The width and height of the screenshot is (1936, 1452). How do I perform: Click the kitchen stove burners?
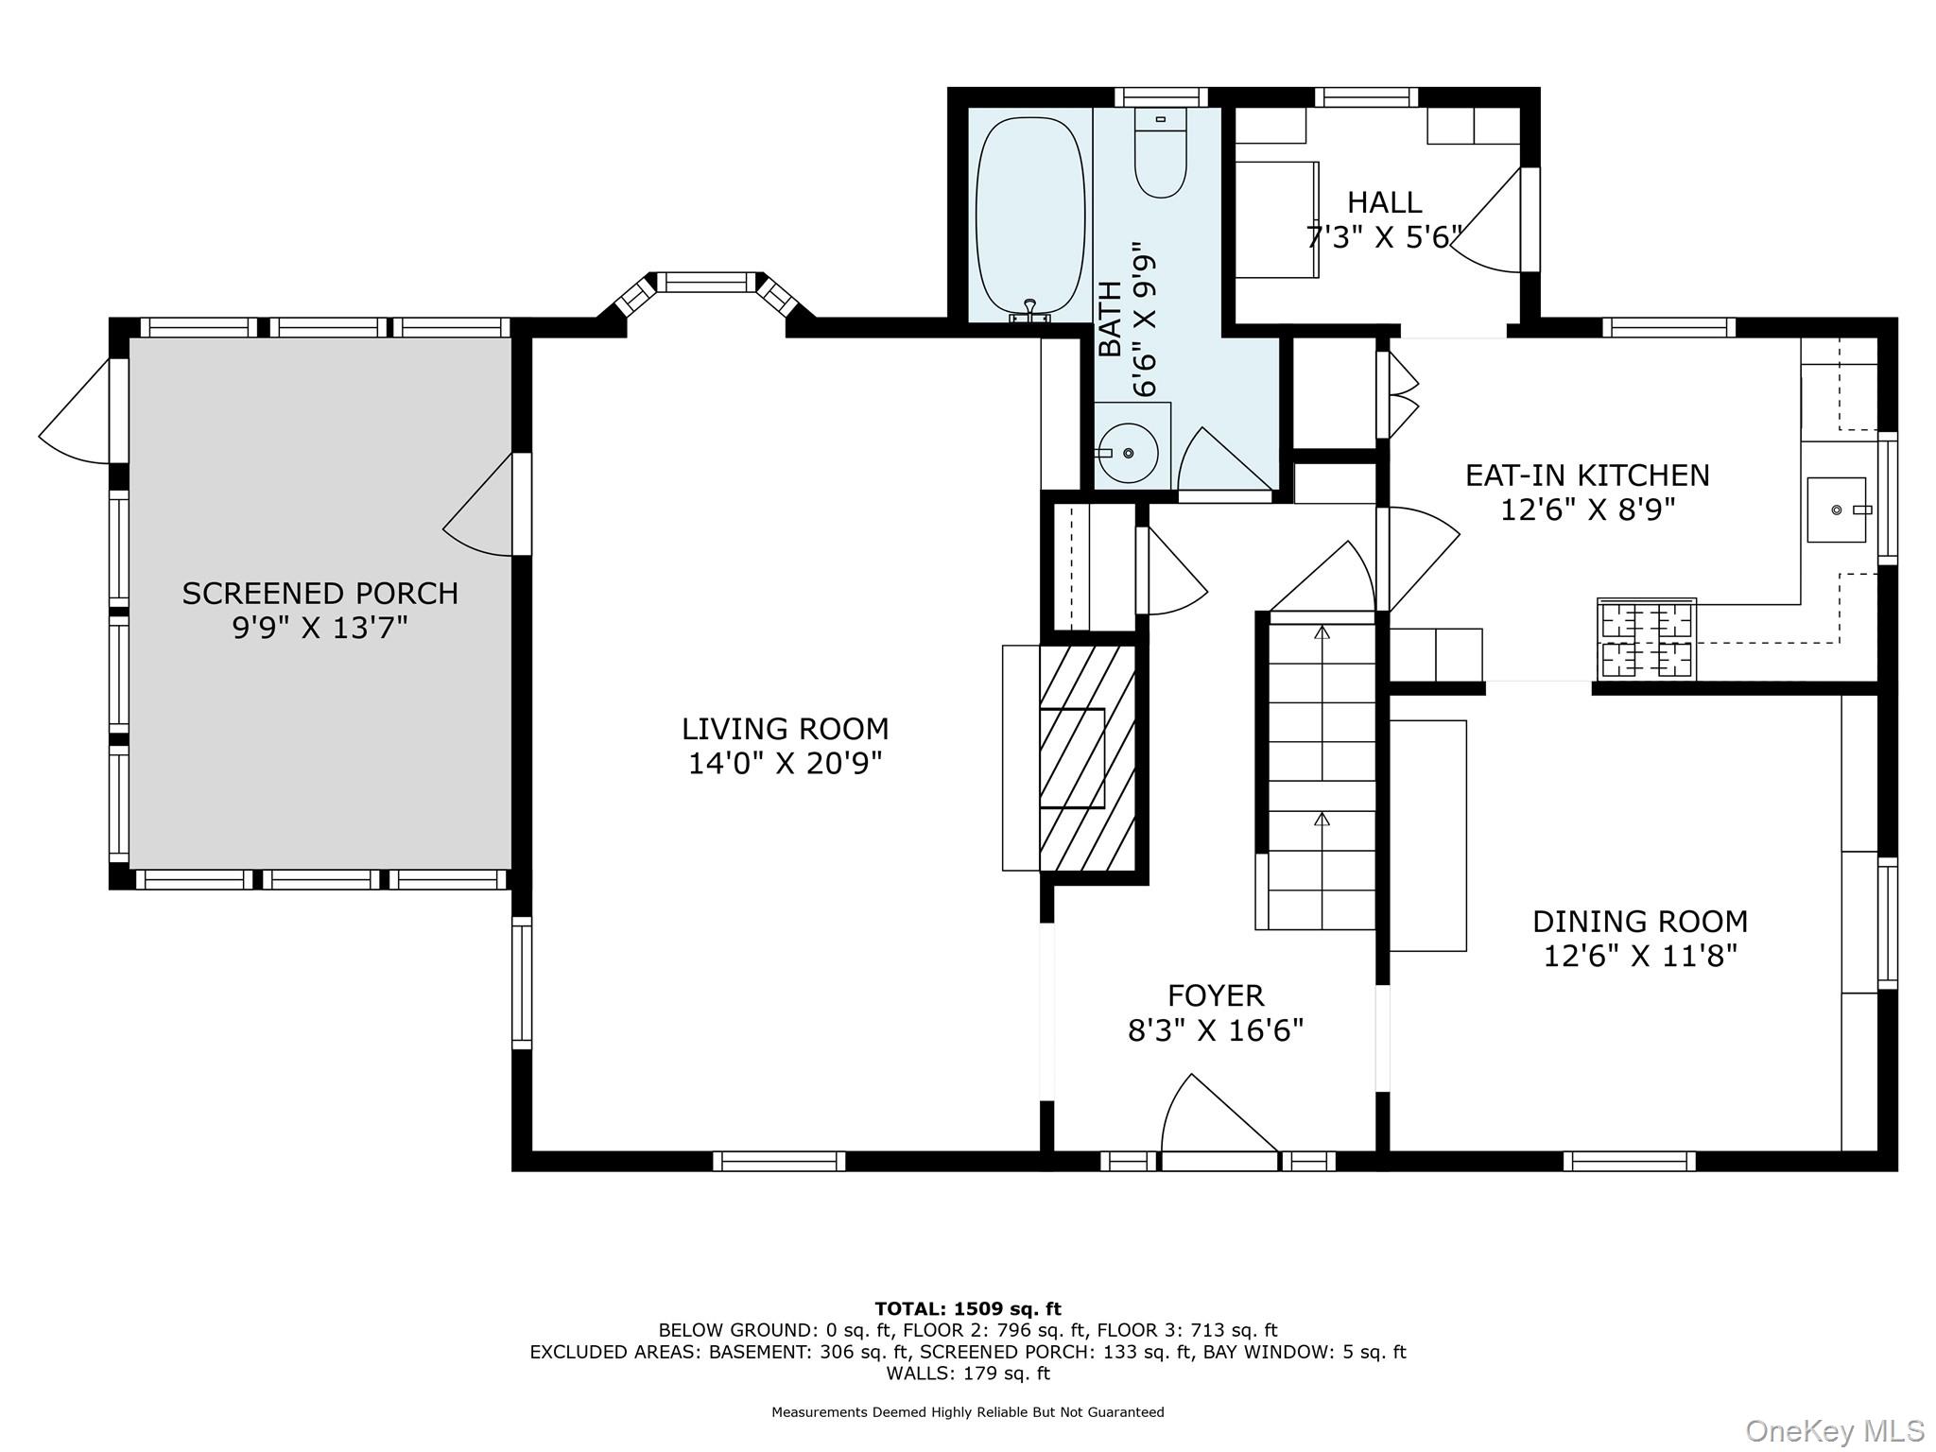point(1646,639)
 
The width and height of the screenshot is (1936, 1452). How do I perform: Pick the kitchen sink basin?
point(1837,510)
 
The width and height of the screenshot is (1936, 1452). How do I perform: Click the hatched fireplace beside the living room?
point(1087,758)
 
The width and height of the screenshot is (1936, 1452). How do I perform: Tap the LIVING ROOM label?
point(785,729)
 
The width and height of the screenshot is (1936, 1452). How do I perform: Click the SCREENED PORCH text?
point(320,594)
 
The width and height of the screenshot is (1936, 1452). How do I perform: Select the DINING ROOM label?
point(1640,921)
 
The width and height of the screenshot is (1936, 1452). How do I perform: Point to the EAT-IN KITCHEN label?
point(1587,475)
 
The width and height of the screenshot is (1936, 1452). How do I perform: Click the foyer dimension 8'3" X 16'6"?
point(1216,1029)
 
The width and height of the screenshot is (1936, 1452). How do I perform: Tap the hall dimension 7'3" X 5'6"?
point(1385,236)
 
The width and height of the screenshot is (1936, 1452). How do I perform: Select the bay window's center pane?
point(707,282)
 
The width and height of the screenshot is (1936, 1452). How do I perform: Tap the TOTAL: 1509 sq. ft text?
point(968,1309)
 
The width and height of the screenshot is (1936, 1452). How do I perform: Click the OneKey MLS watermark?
point(1835,1431)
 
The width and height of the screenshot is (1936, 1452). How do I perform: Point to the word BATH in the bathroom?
point(1112,319)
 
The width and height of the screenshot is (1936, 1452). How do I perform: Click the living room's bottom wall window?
point(779,1161)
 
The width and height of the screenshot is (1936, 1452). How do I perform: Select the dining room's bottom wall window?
point(1629,1161)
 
